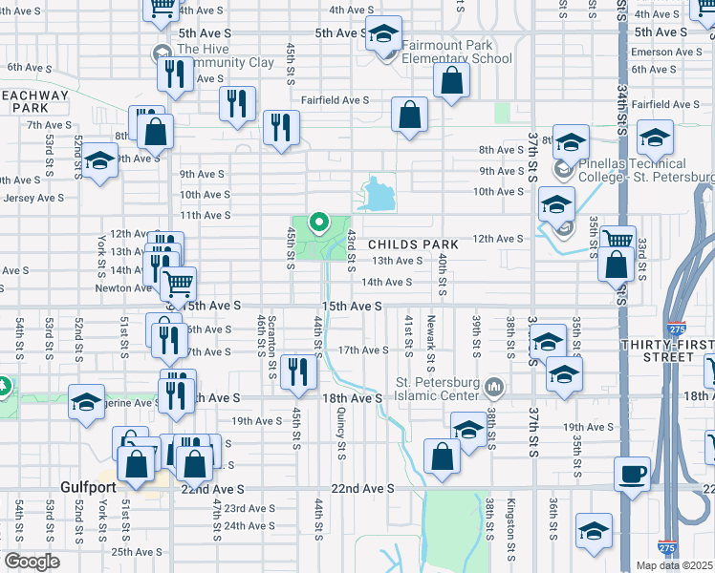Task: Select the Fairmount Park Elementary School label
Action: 457,52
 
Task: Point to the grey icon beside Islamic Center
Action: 494,388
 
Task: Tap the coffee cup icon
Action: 633,475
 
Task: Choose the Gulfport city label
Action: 87,487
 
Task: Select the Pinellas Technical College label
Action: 646,171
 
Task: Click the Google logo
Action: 32,562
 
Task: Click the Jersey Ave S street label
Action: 32,198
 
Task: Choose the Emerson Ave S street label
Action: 666,52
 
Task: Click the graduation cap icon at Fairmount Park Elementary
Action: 382,36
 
